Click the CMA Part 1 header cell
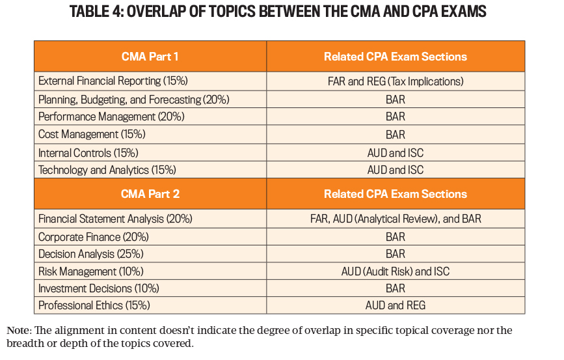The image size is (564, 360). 150,57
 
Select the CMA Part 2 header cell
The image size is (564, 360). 150,194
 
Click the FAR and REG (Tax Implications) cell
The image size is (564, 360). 395,81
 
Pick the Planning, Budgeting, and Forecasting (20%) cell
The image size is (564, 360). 133,100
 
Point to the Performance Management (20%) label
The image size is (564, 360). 111,117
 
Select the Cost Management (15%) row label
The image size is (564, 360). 92,135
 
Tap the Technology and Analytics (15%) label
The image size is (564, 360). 107,170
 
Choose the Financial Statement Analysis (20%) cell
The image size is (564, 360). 115,219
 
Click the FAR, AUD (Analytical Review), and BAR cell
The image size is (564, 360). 395,219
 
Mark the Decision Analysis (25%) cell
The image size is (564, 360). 91,254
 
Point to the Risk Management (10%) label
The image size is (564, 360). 91,271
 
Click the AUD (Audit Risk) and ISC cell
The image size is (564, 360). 395,271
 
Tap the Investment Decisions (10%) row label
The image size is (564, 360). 100,288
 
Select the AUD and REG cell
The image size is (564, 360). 395,305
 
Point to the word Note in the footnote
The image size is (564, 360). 18,331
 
